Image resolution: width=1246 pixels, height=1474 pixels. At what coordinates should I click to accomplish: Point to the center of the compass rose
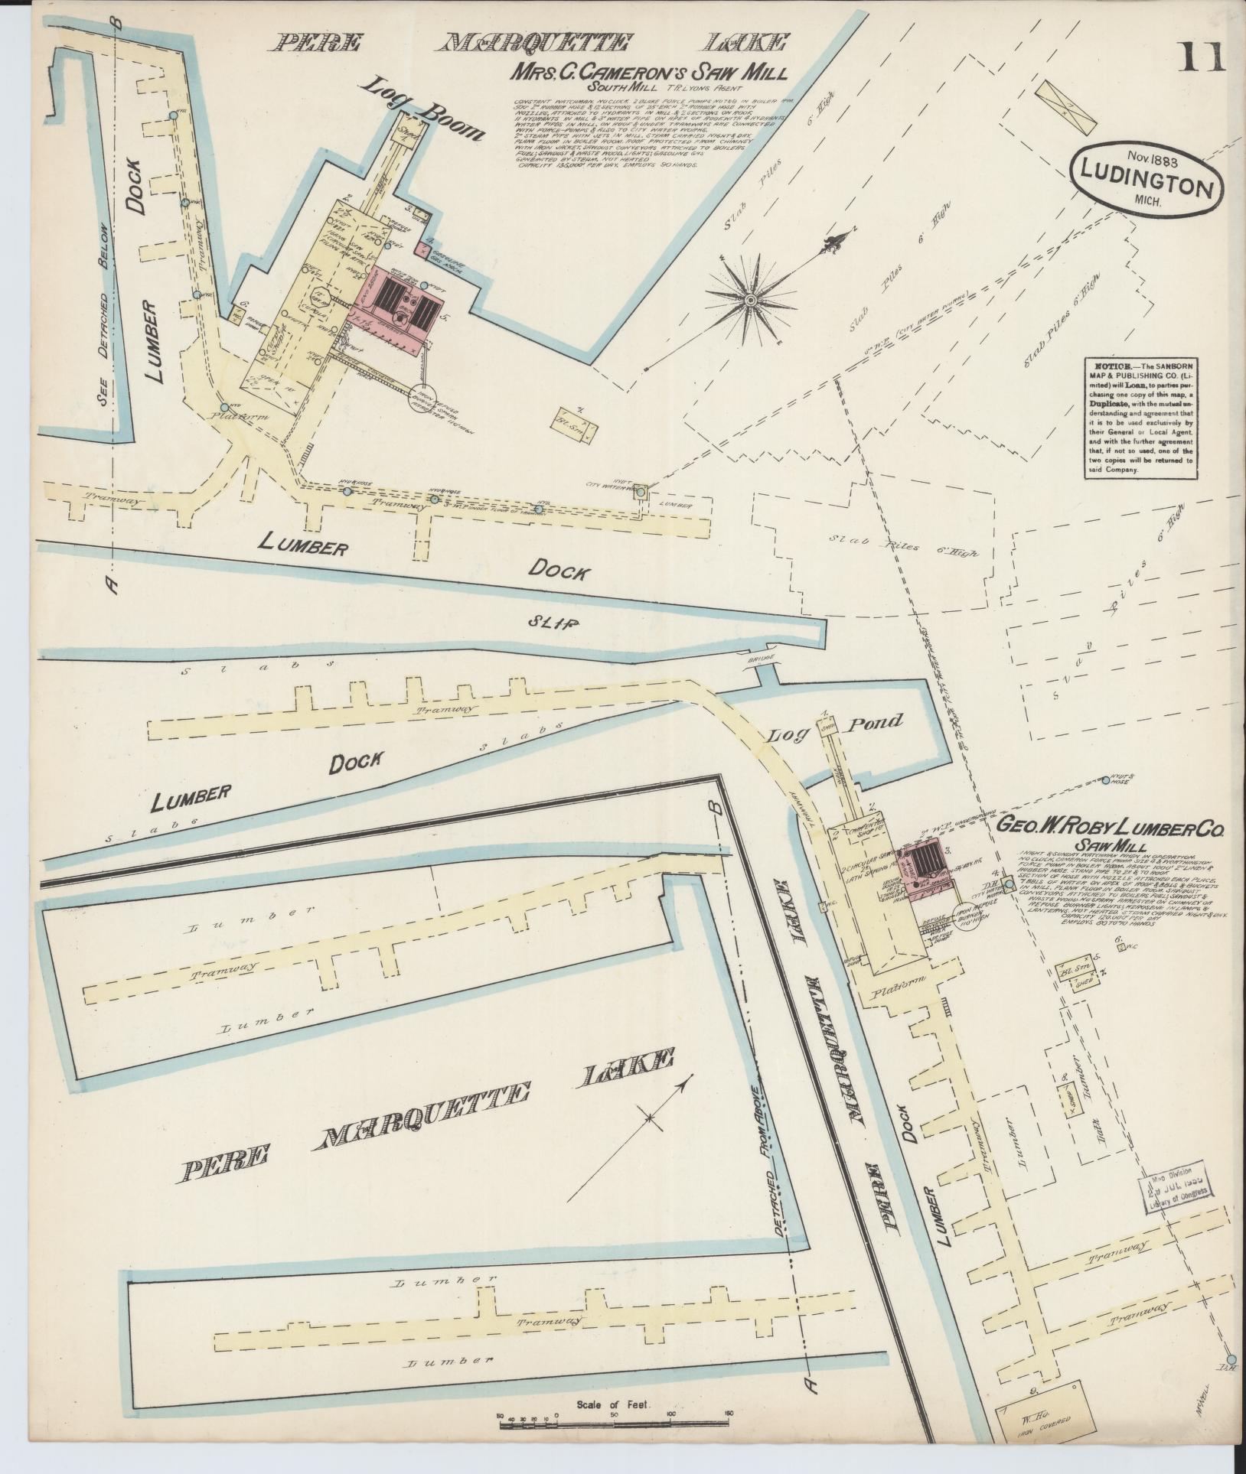(x=751, y=299)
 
